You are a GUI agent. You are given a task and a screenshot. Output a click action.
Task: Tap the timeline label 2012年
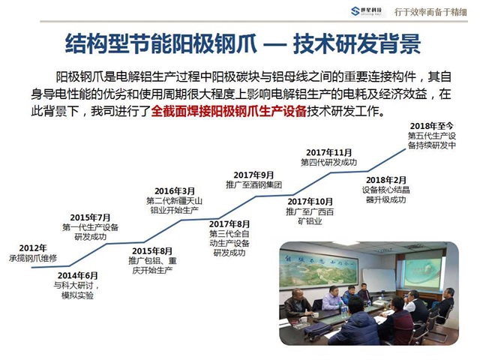[32, 247]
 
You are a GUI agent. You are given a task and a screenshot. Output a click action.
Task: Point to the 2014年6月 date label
[77, 275]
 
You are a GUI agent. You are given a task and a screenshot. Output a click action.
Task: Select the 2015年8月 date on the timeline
[151, 250]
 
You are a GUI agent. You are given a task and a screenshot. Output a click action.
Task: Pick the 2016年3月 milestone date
[174, 191]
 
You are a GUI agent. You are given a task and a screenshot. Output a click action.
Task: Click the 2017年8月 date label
[229, 224]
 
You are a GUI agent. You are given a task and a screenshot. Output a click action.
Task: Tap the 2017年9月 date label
[253, 175]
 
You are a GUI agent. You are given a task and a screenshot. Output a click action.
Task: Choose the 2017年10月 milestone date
[309, 202]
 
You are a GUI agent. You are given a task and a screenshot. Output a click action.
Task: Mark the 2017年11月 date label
[328, 152]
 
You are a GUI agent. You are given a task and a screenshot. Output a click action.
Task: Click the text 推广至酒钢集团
[253, 185]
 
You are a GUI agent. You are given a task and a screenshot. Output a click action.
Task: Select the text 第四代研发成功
[328, 163]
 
